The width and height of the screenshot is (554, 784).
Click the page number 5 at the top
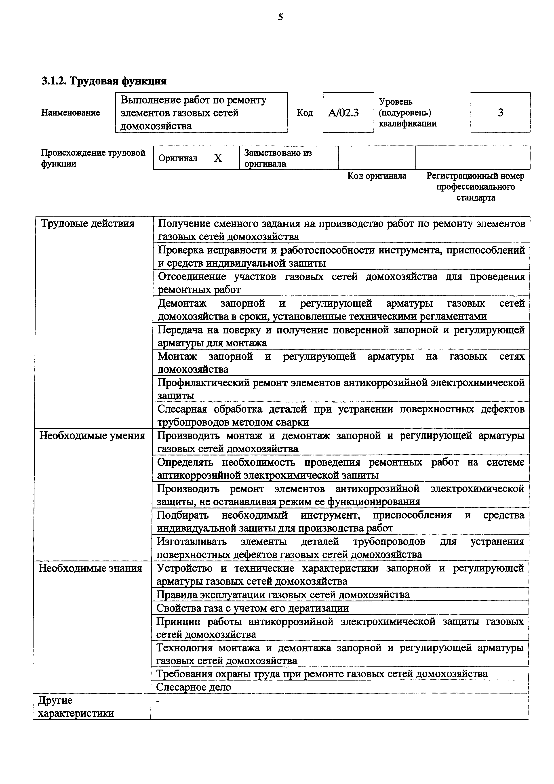[280, 17]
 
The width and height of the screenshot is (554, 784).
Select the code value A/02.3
[343, 113]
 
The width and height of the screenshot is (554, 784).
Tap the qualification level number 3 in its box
[500, 113]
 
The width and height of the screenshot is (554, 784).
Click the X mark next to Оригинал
[218, 158]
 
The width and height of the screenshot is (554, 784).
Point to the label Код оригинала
[377, 176]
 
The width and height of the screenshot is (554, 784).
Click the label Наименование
[71, 113]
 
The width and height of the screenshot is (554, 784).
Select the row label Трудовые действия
[88, 224]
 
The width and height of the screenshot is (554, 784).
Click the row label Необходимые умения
[92, 436]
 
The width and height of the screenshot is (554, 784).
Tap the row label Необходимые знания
[91, 568]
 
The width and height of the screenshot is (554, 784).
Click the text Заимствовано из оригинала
[278, 158]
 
